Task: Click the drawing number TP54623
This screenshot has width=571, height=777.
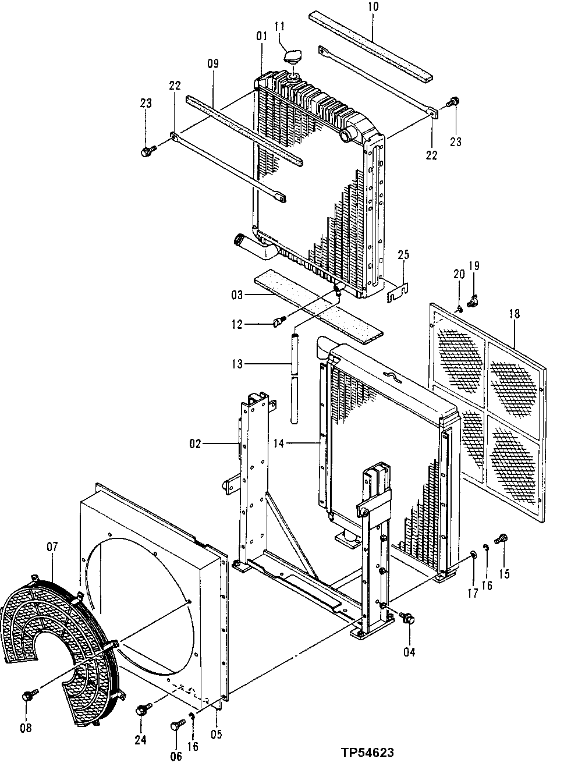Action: click(367, 753)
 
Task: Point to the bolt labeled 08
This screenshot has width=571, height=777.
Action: click(28, 695)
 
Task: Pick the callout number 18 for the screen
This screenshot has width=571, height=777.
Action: click(514, 314)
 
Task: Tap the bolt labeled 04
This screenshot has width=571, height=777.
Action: click(407, 619)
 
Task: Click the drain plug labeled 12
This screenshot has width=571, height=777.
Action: click(279, 320)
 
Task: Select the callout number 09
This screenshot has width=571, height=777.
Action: click(212, 63)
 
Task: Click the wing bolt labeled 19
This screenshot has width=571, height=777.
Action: click(473, 301)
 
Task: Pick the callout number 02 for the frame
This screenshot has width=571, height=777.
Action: click(194, 444)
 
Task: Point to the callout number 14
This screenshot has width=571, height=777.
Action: click(279, 444)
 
